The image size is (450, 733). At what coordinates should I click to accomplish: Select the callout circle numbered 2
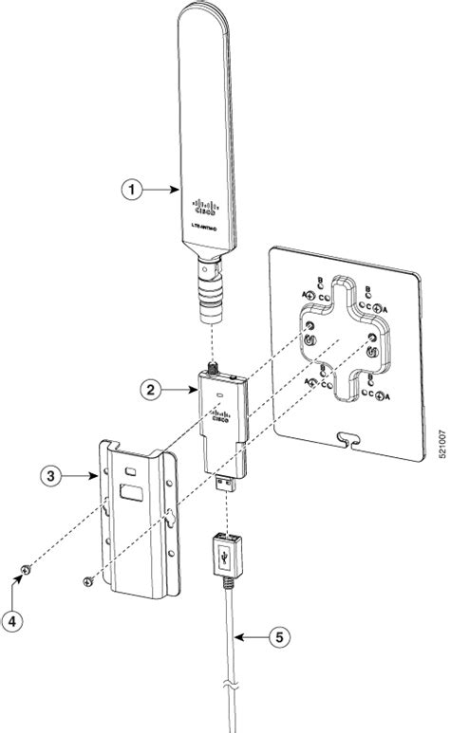click(148, 387)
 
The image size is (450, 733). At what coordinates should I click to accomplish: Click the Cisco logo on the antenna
click(205, 206)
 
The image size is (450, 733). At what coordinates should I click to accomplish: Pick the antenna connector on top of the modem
click(211, 365)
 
